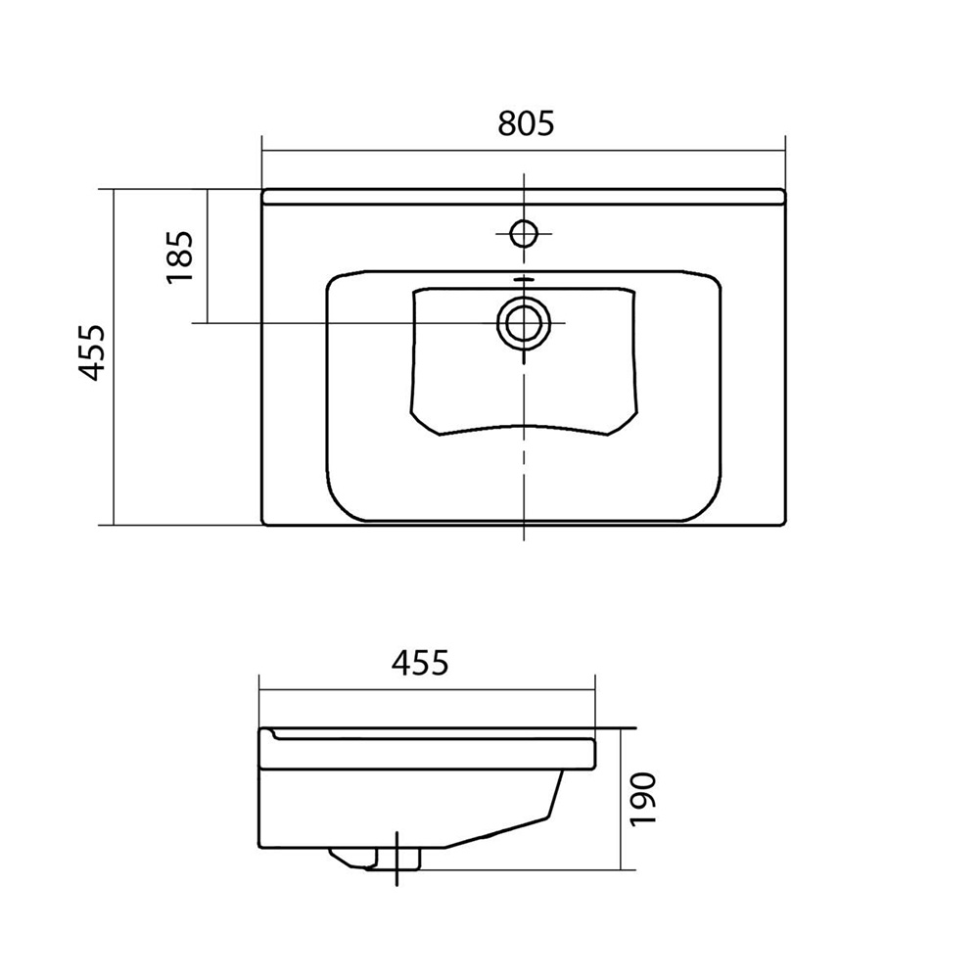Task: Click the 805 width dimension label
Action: point(526,123)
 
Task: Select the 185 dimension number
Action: point(180,257)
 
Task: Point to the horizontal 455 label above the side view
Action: point(420,663)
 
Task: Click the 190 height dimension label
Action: point(643,800)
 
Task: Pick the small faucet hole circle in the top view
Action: point(523,234)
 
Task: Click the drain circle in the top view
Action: point(523,323)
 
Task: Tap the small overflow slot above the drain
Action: point(523,280)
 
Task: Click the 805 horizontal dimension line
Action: point(523,151)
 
